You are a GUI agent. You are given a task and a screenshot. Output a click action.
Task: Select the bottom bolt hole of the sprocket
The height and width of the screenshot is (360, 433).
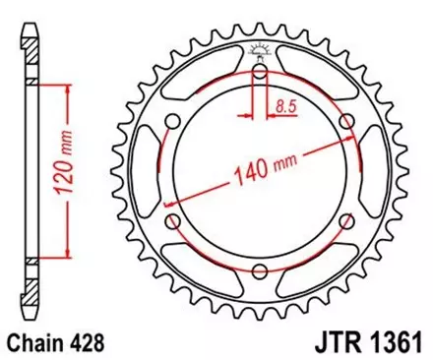(261, 272)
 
